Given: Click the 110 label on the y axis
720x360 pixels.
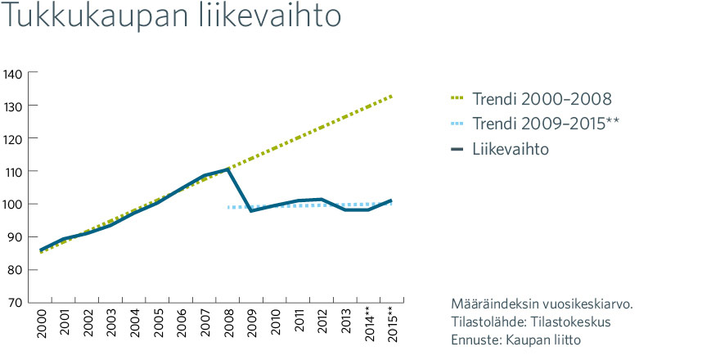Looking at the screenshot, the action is pyautogui.click(x=15, y=171).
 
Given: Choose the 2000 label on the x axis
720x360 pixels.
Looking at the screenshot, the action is pyautogui.click(x=42, y=323).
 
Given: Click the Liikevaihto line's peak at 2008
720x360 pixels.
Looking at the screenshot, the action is pyautogui.click(x=228, y=169).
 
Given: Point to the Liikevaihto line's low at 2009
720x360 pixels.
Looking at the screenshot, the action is pyautogui.click(x=252, y=210).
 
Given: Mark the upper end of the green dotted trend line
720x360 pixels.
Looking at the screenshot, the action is pyautogui.click(x=392, y=96).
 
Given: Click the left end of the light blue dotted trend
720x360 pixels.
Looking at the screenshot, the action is pyautogui.click(x=228, y=208).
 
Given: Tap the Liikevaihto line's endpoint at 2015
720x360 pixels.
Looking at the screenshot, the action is pyautogui.click(x=391, y=200).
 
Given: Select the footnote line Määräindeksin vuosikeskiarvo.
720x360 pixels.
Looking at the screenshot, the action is pyautogui.click(x=542, y=304).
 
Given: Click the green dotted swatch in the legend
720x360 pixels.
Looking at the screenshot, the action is pyautogui.click(x=457, y=98).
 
